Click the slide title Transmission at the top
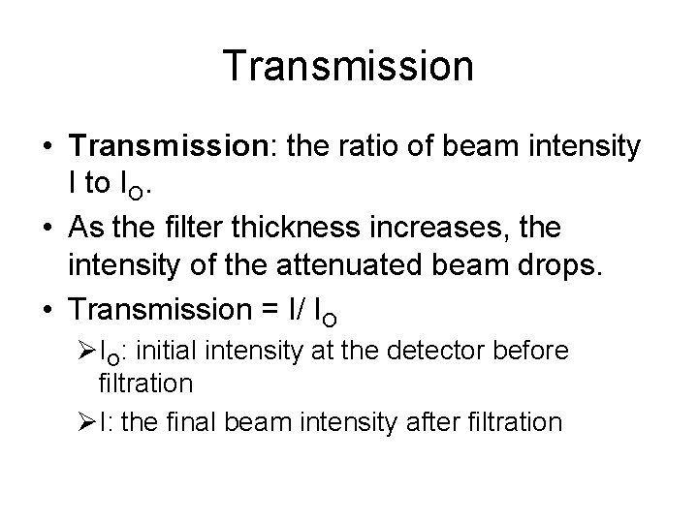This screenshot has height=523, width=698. (348, 67)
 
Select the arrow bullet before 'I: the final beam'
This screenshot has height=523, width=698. (86, 422)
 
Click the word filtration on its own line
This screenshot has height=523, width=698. (145, 384)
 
